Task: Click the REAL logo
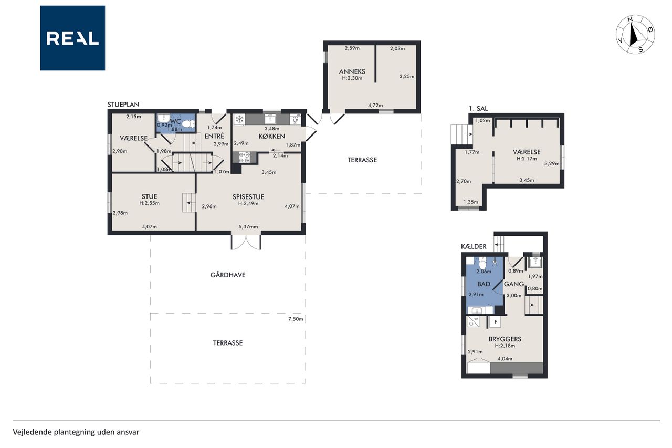coord(72,38)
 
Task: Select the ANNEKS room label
coord(352,71)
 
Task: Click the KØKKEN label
coord(272,136)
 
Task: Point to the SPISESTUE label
coord(248,197)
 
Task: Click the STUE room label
coord(150,196)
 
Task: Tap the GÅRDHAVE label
coord(228,275)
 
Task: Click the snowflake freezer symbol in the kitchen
coord(239,119)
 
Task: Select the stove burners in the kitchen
coord(244,158)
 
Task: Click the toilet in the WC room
coord(188,123)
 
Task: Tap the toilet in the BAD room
coord(482,263)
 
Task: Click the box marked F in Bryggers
coord(496,322)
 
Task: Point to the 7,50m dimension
coord(296,319)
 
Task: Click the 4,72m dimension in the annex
coord(375,106)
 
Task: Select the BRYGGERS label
coord(505,339)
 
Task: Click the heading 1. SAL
coord(478,108)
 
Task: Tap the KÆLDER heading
coord(474,247)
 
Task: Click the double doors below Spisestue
coord(246,242)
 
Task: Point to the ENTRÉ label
coord(214,136)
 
